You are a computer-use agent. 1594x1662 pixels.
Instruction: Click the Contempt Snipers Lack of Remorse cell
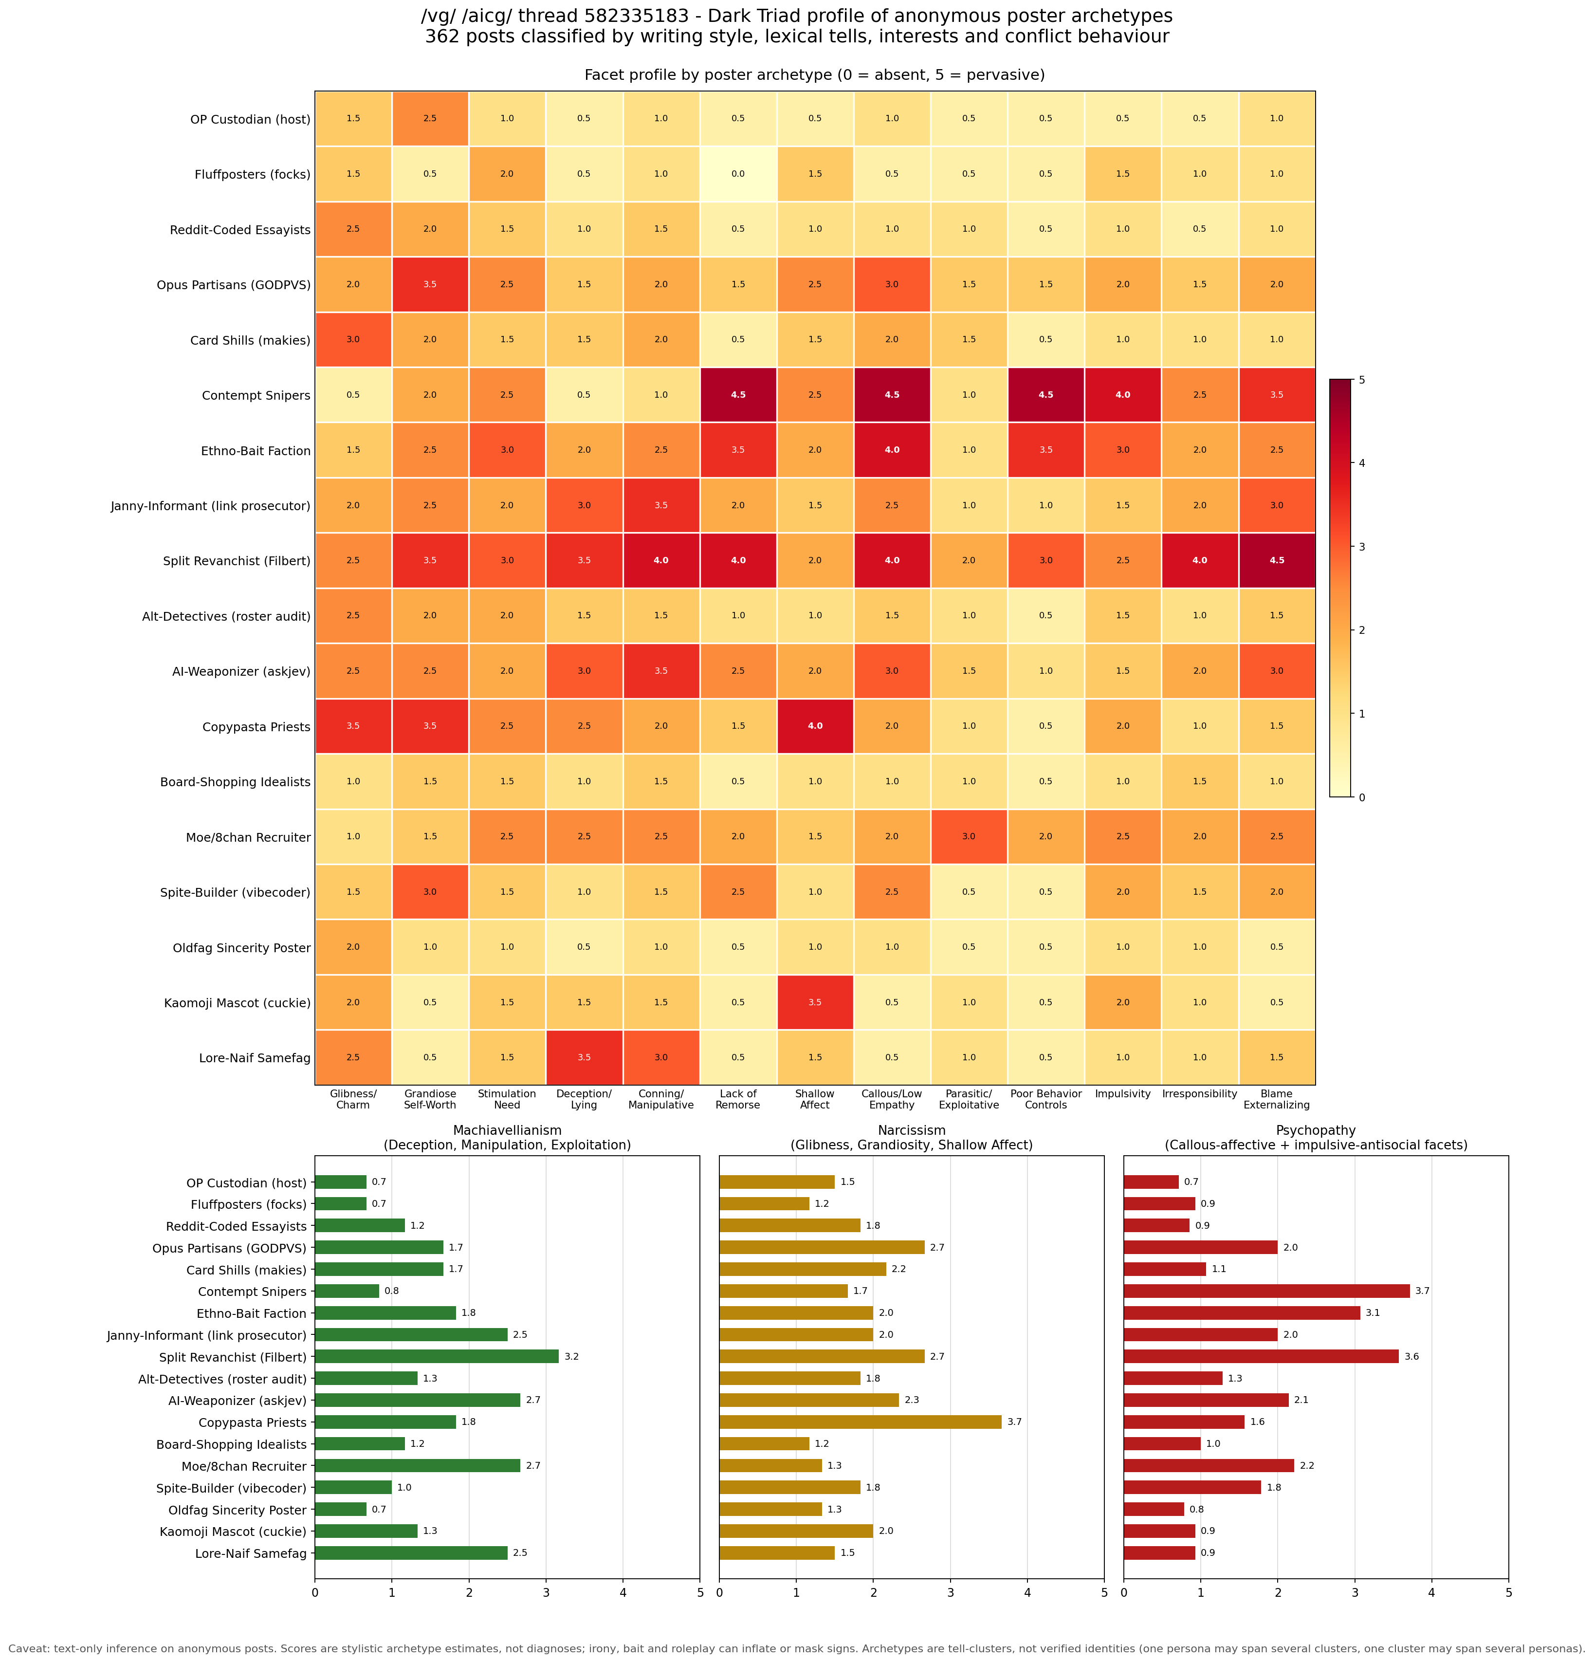(x=738, y=395)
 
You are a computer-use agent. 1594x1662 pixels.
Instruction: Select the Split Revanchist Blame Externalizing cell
(x=1277, y=560)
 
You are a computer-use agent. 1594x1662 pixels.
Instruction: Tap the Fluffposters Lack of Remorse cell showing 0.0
(x=738, y=174)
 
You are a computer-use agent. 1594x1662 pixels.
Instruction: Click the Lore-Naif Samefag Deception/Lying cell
(x=584, y=1057)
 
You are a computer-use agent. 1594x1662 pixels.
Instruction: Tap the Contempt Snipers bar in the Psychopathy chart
(x=1267, y=1292)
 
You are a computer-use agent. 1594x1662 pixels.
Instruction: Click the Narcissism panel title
(x=912, y=1138)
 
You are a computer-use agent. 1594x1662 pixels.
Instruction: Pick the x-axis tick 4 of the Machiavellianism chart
(x=623, y=1593)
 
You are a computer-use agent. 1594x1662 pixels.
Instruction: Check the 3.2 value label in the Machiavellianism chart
(x=571, y=1357)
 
